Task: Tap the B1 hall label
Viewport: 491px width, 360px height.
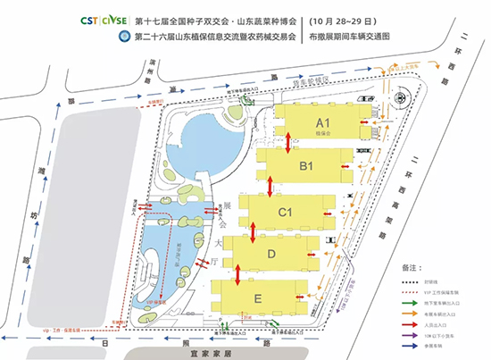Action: (x=305, y=166)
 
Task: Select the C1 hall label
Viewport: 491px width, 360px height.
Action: (x=287, y=213)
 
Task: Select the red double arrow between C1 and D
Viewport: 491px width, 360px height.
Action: (x=254, y=230)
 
